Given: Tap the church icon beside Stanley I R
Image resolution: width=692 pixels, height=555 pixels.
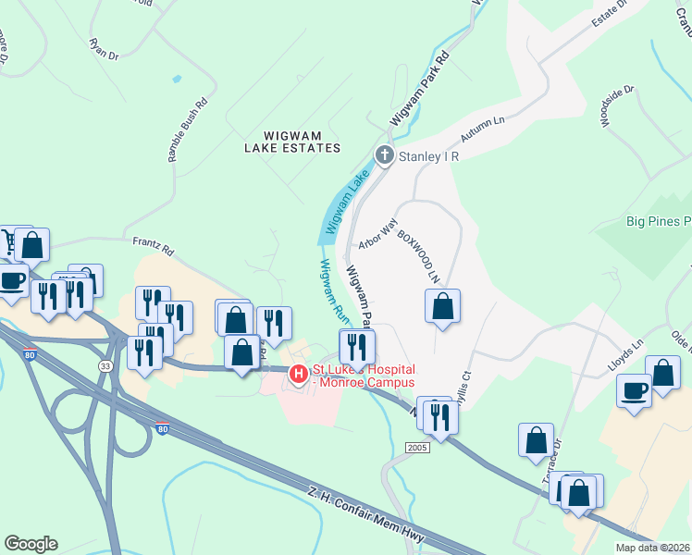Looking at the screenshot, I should [x=384, y=156].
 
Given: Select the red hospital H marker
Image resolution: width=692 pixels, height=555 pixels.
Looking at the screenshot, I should [x=298, y=375].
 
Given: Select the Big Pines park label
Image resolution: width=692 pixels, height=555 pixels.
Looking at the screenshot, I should [x=659, y=221].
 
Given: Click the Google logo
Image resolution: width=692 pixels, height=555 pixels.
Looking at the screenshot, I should [x=31, y=544].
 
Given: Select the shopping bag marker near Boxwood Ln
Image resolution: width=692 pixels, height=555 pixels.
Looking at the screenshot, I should [x=443, y=305].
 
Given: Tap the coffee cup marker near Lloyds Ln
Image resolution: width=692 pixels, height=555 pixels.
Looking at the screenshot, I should [x=634, y=389].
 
